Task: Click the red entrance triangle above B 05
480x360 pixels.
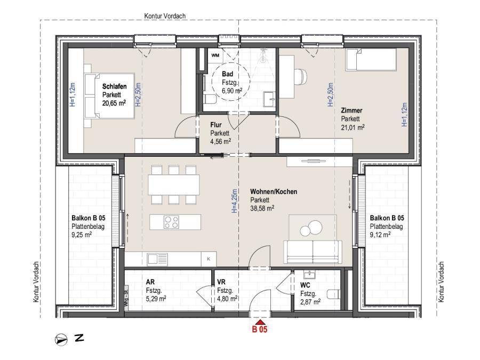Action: click(260, 322)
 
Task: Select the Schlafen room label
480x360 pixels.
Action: click(114, 85)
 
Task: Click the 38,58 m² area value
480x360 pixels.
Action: click(262, 209)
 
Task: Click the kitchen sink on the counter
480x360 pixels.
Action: click(158, 259)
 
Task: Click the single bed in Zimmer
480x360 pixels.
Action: click(370, 60)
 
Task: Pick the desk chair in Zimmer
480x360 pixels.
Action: click(301, 76)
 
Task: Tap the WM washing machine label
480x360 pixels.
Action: click(215, 55)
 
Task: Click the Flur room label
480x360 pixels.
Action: click(216, 125)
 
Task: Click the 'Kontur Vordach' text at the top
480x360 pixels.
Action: click(165, 16)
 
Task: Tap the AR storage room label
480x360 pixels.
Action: click(150, 282)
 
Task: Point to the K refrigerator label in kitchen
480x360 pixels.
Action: click(209, 259)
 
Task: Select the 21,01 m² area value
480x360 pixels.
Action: click(353, 127)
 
